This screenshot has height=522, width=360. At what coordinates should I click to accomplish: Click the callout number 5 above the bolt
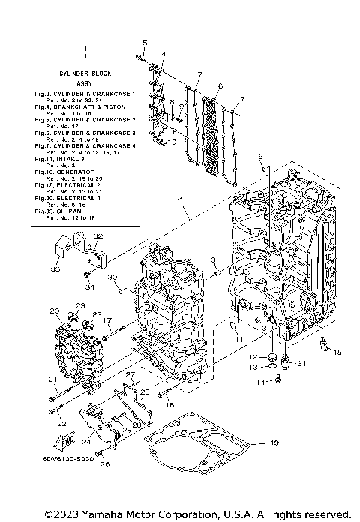145,42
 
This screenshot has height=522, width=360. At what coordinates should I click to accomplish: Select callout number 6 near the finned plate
220,86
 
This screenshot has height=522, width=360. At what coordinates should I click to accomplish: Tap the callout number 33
55,268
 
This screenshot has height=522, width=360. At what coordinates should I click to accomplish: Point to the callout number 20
54,310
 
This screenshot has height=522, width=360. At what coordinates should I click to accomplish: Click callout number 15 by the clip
337,352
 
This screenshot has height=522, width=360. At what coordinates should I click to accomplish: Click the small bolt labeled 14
278,382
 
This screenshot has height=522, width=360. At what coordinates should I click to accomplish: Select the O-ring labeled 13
273,368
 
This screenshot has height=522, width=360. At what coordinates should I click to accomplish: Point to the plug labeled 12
273,355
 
